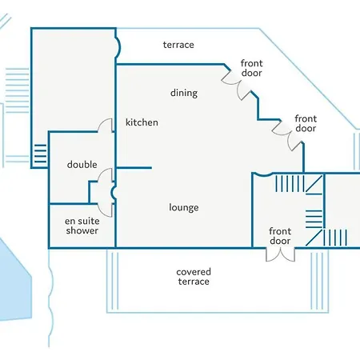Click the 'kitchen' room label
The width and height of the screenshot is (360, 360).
click(x=142, y=122)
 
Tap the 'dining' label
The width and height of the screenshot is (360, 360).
click(x=184, y=94)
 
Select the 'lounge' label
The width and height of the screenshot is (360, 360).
click(x=184, y=207)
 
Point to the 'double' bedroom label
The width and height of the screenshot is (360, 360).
click(x=82, y=164)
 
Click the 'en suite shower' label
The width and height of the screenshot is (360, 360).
click(x=82, y=226)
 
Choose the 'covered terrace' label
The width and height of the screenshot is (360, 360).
click(x=194, y=277)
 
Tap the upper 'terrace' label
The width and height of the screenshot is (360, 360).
click(x=178, y=45)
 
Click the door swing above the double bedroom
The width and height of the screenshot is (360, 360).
click(x=105, y=125)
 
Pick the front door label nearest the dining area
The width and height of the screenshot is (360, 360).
click(x=251, y=68)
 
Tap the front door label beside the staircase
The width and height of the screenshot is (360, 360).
click(x=280, y=236)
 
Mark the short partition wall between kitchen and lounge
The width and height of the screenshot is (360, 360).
click(x=134, y=168)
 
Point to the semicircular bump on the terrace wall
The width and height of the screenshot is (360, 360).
click(x=118, y=47)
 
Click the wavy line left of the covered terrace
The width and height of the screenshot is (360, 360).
click(x=50, y=298)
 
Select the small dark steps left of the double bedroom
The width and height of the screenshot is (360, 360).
click(x=40, y=154)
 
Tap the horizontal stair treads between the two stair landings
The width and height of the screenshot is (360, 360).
click(x=314, y=219)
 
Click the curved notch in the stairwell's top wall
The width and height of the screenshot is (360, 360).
click(x=263, y=174)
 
